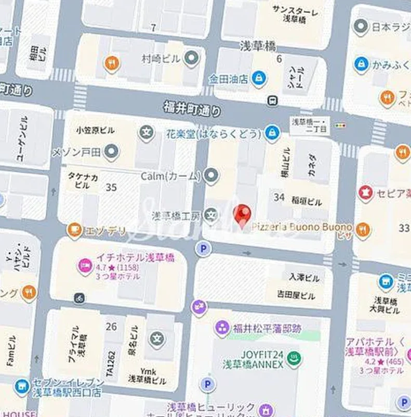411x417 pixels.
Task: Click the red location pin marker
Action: click(242, 214)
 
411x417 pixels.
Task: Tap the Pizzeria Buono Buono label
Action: click(302, 227)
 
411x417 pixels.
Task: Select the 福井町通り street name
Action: click(192, 108)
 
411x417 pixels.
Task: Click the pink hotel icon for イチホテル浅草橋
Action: click(85, 266)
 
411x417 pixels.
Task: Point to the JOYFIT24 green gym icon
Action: click(295, 358)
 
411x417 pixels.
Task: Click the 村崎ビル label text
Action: click(161, 59)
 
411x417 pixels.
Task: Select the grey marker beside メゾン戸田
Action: click(111, 152)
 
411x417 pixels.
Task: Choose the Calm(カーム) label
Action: click(170, 176)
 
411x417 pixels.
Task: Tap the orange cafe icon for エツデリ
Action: click(75, 229)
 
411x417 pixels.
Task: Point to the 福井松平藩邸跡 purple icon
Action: click(222, 328)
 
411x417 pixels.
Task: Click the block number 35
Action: click(111, 187)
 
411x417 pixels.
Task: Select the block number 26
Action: click(111, 326)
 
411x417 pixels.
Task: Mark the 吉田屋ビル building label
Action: click(296, 296)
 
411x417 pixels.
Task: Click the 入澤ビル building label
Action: click(304, 277)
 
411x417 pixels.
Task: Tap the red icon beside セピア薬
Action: click(366, 193)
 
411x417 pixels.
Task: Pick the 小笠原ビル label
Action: click(95, 130)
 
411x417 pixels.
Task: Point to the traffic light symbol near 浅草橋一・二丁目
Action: click(340, 125)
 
